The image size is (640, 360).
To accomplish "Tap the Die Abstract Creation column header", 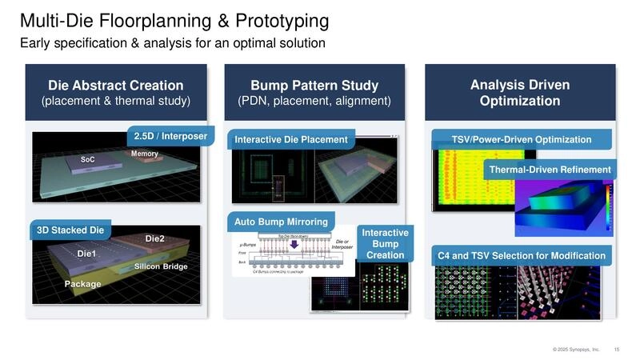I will (x=116, y=93).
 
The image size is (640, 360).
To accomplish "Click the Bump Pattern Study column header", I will (x=314, y=93).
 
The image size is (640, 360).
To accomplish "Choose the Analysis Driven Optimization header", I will (x=520, y=93).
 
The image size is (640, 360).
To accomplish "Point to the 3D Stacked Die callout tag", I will (x=70, y=230).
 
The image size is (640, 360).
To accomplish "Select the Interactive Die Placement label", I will (x=291, y=140).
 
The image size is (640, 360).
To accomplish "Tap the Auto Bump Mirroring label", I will (x=281, y=220).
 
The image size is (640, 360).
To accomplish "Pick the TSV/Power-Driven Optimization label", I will (x=521, y=139).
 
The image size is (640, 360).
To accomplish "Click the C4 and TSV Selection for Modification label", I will (x=521, y=256).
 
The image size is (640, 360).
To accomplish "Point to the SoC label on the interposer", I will (x=88, y=160).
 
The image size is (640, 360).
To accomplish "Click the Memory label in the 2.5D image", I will (x=144, y=154).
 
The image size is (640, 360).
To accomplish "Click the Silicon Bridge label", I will (x=161, y=266).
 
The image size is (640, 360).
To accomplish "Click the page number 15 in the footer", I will (x=616, y=349).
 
